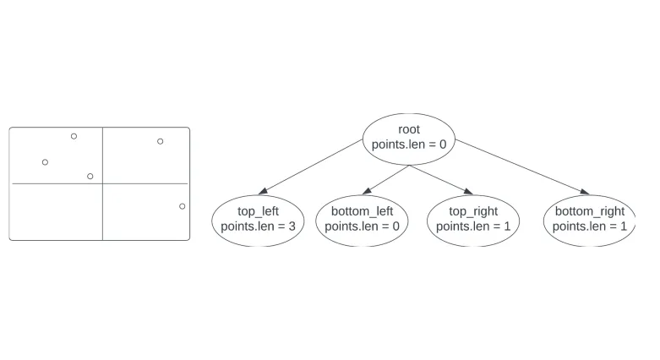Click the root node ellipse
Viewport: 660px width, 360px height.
(x=409, y=137)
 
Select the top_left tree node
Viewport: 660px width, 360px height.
(x=258, y=219)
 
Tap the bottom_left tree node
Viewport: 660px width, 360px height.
(x=362, y=219)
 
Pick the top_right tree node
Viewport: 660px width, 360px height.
(x=473, y=219)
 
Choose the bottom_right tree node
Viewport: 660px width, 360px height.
(x=590, y=219)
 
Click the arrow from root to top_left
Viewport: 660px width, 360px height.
(x=314, y=166)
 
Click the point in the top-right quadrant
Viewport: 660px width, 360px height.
(x=161, y=141)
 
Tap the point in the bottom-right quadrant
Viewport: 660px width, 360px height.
(x=183, y=206)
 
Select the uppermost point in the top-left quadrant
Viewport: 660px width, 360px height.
(x=74, y=136)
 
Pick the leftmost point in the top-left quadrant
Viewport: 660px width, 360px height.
(x=45, y=162)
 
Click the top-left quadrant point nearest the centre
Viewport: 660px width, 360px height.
(x=90, y=176)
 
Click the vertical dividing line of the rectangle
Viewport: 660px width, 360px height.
(x=102, y=211)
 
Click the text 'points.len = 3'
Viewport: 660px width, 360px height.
(x=258, y=226)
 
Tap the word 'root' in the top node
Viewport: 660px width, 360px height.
(x=409, y=129)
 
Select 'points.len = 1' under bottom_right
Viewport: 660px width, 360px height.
(x=590, y=226)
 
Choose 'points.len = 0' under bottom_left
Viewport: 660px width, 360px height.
(x=362, y=226)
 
